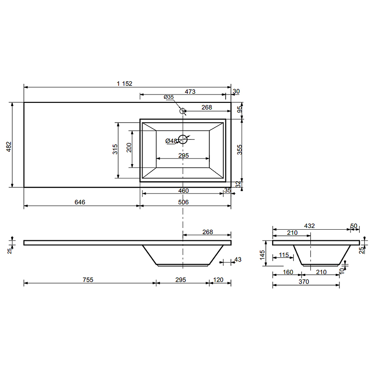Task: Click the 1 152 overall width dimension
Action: (x=125, y=83)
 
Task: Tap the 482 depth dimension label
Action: (x=9, y=147)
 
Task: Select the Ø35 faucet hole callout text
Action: (x=169, y=97)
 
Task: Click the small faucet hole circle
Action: (x=183, y=111)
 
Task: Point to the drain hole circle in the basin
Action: (x=183, y=139)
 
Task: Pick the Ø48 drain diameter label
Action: (x=171, y=141)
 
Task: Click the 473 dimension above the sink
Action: (x=190, y=91)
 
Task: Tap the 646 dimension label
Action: (x=80, y=202)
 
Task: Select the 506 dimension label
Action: (x=183, y=202)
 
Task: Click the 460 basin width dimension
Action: (x=183, y=190)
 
